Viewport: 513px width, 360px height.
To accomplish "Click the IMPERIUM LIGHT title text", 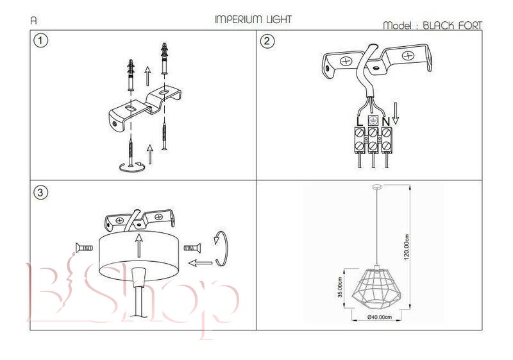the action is point(253,19).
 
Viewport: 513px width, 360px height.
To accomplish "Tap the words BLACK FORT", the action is point(453,26).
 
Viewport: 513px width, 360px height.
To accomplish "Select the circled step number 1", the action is point(40,41).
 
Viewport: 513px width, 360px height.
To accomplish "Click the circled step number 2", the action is point(267,41).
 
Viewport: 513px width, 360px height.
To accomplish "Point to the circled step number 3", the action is point(40,193).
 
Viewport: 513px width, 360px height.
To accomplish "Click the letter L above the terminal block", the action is point(360,122).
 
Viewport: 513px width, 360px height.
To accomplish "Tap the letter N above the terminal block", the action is point(386,122).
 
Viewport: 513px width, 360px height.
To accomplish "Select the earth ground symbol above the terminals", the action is point(373,121).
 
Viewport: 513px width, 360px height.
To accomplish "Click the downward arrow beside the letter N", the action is point(396,113).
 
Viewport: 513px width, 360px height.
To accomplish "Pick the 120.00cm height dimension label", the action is point(407,247).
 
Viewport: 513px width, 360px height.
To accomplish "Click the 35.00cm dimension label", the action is point(340,287).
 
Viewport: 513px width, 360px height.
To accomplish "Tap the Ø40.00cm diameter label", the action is point(380,317).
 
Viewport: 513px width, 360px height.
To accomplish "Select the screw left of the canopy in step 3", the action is point(84,248).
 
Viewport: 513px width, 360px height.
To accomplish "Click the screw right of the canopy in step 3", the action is point(192,248).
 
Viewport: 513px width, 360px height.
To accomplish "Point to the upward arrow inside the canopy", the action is point(139,245).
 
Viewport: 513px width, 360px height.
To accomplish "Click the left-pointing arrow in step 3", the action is point(201,262).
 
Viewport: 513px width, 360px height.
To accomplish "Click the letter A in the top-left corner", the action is point(33,21).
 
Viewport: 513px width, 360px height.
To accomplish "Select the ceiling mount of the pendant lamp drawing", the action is point(377,187).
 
